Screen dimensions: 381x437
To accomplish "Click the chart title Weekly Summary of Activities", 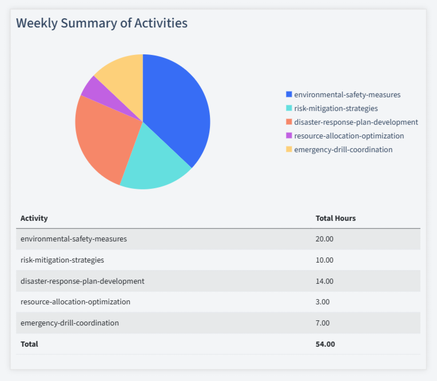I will [101, 23].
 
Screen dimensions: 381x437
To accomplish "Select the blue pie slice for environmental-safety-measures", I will [177, 109].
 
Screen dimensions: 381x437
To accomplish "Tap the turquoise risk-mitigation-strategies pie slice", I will [152, 163].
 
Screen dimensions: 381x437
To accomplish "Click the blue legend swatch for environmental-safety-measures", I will [289, 94].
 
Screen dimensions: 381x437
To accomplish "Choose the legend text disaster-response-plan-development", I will [356, 122].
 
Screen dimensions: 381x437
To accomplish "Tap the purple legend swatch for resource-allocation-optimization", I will [289, 136].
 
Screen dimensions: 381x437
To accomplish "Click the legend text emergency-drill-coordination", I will [343, 149].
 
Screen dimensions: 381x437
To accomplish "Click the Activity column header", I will [34, 218].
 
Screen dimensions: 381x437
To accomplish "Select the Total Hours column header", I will [336, 218].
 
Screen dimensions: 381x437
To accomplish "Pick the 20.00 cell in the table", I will [324, 239].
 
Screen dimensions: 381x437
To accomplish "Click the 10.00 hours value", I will [324, 260].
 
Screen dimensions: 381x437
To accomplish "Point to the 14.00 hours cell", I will [324, 281].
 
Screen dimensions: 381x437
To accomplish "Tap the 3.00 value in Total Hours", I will [323, 301].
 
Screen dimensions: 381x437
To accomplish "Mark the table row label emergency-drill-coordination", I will [70, 323].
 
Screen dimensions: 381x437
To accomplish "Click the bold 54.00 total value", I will [325, 344].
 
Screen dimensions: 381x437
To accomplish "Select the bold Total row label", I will [29, 344].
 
